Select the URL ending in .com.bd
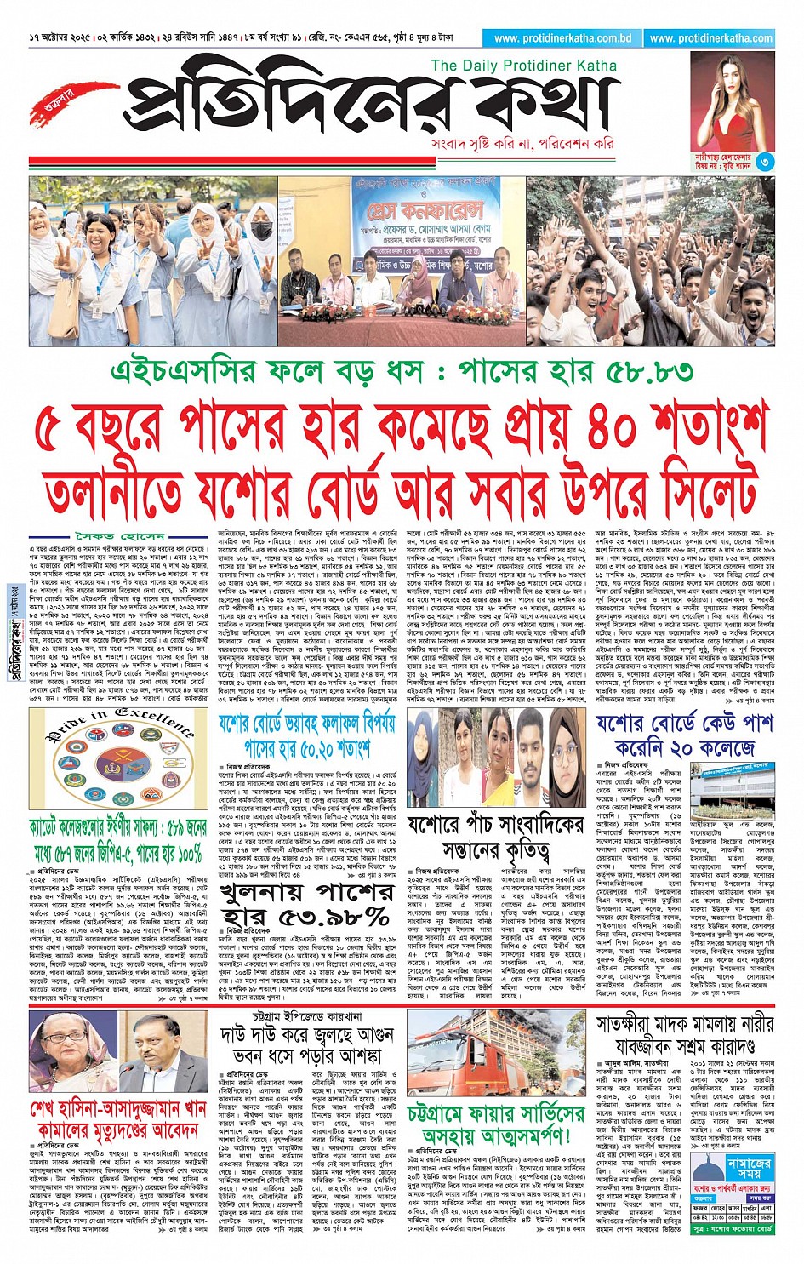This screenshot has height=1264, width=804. pos(562,38)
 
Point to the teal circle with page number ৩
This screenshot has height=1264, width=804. pos(764,162)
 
